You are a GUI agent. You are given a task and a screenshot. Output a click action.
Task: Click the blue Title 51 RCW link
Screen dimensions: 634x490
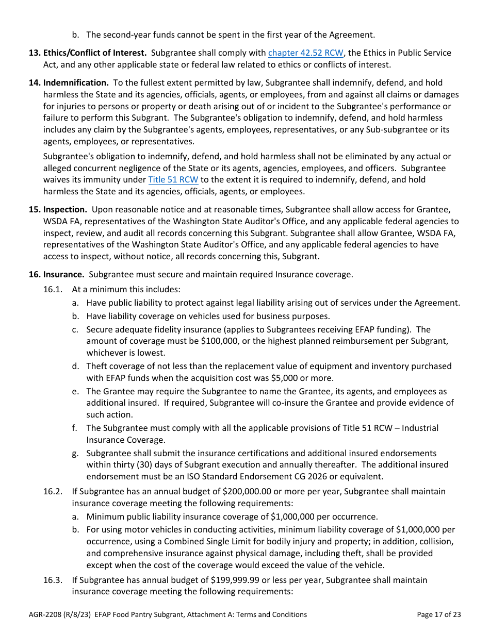tap(173, 179)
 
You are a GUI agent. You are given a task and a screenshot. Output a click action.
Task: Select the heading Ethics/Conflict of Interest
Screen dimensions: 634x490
tap(95, 53)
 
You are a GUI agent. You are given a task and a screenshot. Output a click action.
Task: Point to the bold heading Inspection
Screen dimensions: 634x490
tap(65, 209)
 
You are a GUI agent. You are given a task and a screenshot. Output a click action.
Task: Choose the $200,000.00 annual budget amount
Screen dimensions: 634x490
tap(235, 491)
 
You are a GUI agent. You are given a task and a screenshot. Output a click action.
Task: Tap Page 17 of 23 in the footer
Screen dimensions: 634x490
tap(438, 614)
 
